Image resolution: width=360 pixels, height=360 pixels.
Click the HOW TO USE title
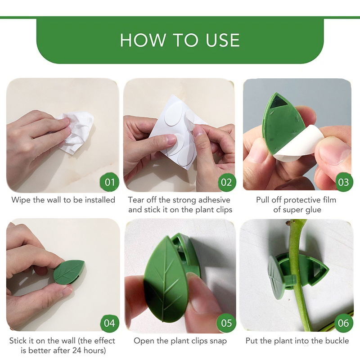click(180, 40)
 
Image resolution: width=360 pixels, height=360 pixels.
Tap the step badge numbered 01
click(110, 182)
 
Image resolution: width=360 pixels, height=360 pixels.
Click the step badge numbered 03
click(343, 182)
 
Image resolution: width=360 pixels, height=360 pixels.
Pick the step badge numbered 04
click(110, 323)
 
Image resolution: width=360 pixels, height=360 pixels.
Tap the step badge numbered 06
click(343, 323)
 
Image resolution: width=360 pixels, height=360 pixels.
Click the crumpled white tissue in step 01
click(76, 130)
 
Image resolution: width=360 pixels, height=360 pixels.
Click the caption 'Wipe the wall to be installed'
click(63, 200)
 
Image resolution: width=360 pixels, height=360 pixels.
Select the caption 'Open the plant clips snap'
click(180, 341)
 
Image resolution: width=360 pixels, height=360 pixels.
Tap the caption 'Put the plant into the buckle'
click(297, 341)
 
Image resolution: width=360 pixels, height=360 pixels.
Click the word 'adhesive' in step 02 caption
click(214, 200)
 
